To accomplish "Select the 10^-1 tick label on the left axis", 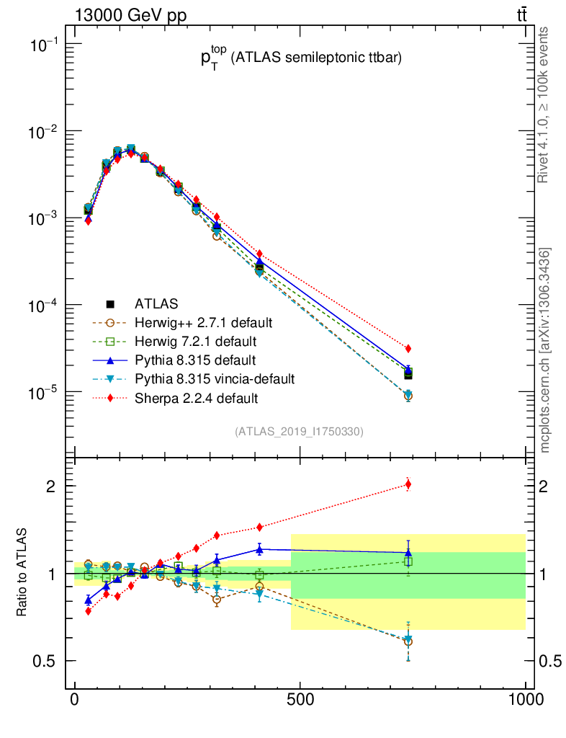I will [45, 45].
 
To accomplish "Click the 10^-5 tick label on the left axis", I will [45, 394].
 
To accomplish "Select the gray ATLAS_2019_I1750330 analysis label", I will [299, 432].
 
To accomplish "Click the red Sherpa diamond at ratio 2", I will [408, 484].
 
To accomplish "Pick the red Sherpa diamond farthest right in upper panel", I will [408, 349].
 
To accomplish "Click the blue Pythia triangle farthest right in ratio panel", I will [408, 552].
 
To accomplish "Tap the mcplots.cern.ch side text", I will [545, 350].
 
